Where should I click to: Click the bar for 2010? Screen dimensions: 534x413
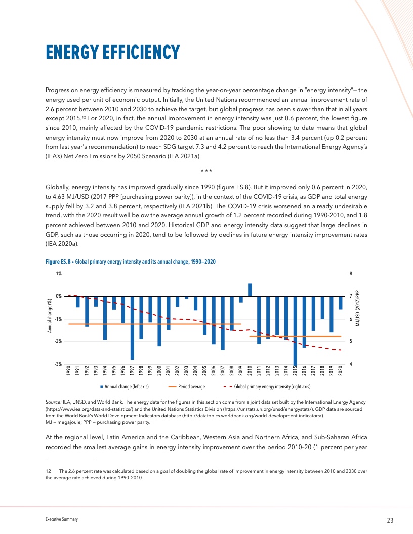click(250, 290)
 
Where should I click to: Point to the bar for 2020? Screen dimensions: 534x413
click(340, 303)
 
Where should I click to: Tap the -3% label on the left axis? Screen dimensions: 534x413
click(58, 364)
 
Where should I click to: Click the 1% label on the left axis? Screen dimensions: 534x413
click(59, 274)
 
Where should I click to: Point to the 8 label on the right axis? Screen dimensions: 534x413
click(351, 274)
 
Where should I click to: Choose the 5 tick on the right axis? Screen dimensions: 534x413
click(351, 342)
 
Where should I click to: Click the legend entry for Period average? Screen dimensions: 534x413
click(188, 386)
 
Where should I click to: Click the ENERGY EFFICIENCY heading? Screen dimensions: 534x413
click(112, 52)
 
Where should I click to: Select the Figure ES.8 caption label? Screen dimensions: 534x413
click(58, 261)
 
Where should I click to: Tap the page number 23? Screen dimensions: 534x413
click(390, 520)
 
